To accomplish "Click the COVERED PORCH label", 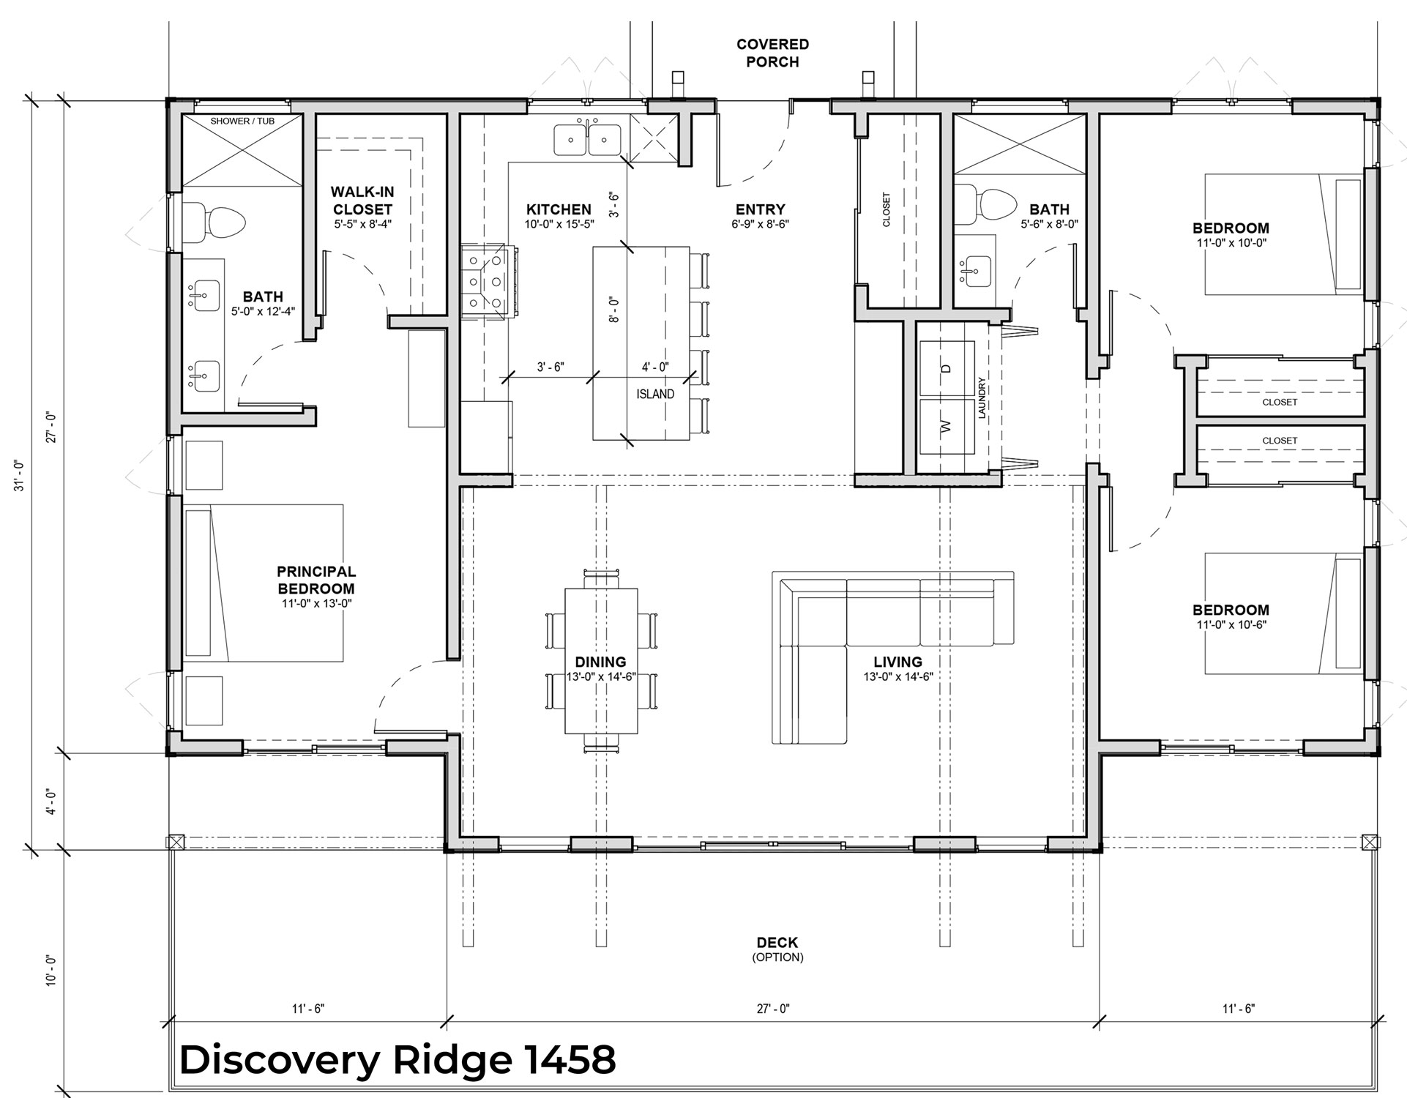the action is click(772, 53).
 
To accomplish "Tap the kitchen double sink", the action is click(587, 139).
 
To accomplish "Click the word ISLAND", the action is click(655, 394).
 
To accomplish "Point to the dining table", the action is click(601, 661).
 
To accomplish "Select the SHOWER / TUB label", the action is click(242, 121).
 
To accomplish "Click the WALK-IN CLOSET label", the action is click(363, 201).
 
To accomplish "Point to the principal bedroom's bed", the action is click(263, 583).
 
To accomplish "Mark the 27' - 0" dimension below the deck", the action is click(773, 1009).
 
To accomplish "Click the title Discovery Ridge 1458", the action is click(398, 1059).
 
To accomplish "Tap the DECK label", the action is click(777, 943).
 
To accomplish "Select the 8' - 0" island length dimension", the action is click(614, 310).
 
